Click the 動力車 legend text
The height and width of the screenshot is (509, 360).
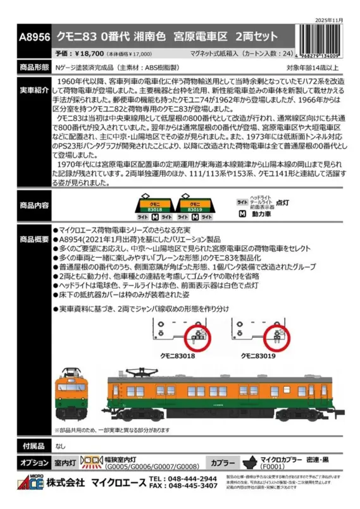pyautogui.click(x=261, y=214)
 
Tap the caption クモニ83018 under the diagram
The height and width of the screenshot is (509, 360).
pyautogui.click(x=171, y=357)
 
